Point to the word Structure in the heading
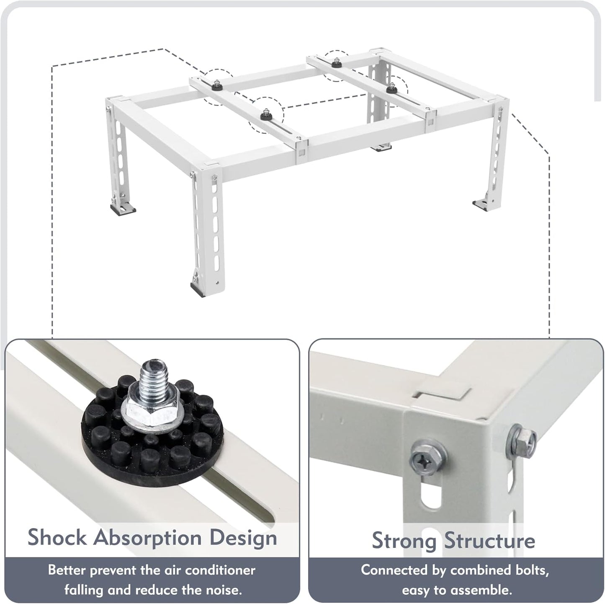point(489,540)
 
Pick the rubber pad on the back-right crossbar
point(392,88)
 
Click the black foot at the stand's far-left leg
point(122,209)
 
